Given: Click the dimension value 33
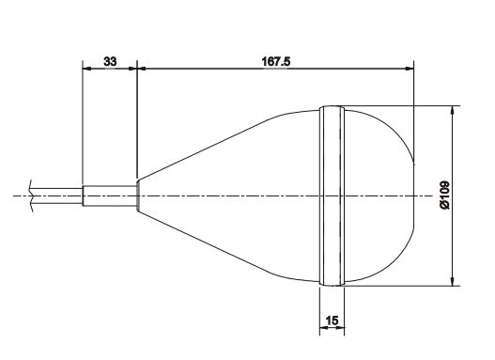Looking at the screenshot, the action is tap(110, 61).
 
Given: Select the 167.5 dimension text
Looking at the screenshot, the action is tap(276, 61).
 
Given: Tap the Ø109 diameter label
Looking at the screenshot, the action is tap(444, 195).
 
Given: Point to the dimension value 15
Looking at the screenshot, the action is tap(332, 321).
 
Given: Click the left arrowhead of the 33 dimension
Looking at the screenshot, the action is tap(86, 69).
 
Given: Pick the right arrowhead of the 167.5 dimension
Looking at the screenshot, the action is tap(410, 69).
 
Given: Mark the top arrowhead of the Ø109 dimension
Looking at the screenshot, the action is tap(453, 111).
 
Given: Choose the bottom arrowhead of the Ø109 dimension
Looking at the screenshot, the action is tap(453, 281).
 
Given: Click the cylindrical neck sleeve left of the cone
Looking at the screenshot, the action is tap(110, 196).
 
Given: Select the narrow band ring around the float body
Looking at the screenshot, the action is tap(332, 196).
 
